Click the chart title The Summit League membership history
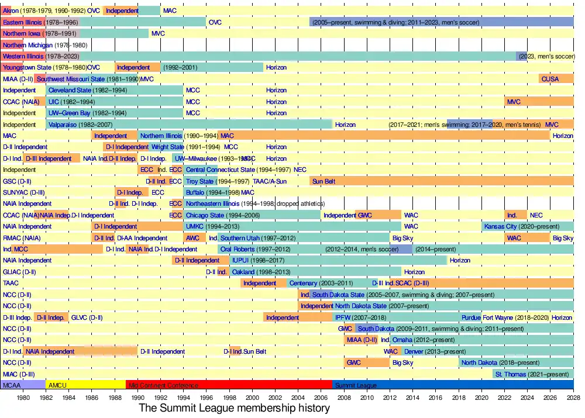[234, 408]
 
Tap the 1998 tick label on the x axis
[229, 396]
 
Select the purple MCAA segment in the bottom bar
[23, 385]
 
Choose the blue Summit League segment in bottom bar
[453, 385]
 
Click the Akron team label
[11, 11]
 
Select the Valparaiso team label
[64, 125]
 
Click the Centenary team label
[304, 283]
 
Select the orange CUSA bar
[550, 79]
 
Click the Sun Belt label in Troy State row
[324, 181]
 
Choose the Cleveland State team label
[70, 91]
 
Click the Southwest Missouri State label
[71, 79]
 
